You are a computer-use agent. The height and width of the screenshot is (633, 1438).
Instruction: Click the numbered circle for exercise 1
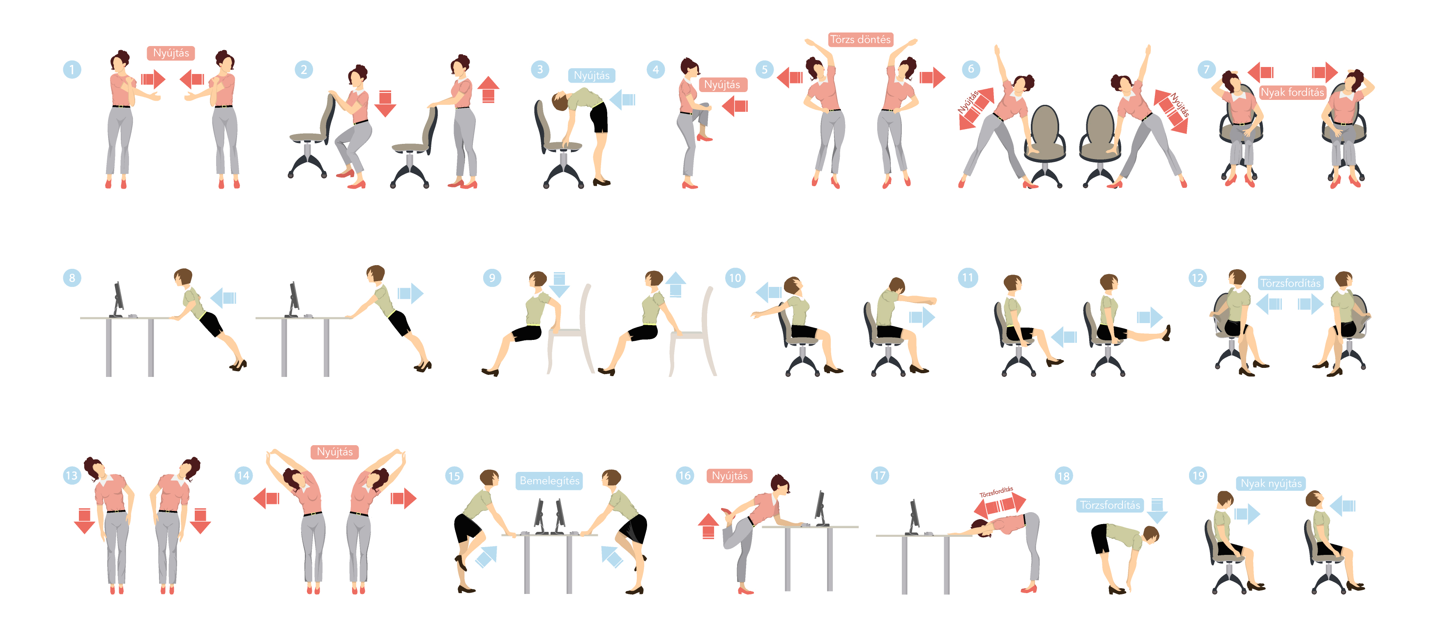click(72, 70)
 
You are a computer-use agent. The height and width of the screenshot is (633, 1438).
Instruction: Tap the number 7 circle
click(1206, 69)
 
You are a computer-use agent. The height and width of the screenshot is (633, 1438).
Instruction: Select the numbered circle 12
click(1197, 278)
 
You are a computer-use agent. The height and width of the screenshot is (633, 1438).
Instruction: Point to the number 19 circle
click(1198, 476)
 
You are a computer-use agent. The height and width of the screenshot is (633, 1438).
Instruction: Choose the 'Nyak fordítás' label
click(1292, 92)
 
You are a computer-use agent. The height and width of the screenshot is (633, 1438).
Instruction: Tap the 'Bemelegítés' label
click(549, 481)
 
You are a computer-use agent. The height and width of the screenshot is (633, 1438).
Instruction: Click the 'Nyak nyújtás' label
click(1271, 483)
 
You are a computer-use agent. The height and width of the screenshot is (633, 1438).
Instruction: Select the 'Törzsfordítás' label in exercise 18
click(1110, 505)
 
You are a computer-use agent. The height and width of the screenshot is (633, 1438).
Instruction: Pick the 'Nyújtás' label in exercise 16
click(730, 476)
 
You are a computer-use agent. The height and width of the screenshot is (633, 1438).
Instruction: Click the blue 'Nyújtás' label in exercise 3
click(592, 75)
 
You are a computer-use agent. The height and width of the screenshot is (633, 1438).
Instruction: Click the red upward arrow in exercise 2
click(489, 89)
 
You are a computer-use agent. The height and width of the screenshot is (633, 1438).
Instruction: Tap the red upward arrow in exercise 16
click(708, 526)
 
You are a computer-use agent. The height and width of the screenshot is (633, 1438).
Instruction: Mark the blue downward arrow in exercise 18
click(1157, 511)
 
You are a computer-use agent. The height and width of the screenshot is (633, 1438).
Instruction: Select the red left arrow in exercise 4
click(735, 106)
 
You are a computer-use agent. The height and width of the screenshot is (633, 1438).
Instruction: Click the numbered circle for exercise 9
click(492, 278)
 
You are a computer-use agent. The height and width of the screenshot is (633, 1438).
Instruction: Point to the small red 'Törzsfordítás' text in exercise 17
click(996, 492)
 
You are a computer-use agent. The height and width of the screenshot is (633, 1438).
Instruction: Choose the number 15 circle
click(454, 476)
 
